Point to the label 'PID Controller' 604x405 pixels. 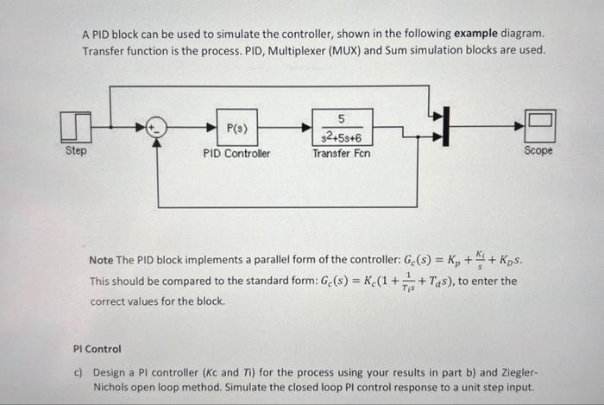236,154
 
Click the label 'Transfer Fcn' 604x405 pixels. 343,154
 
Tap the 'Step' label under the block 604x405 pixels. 76,150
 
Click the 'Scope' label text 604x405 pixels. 538,150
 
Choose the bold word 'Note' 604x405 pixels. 104,260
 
